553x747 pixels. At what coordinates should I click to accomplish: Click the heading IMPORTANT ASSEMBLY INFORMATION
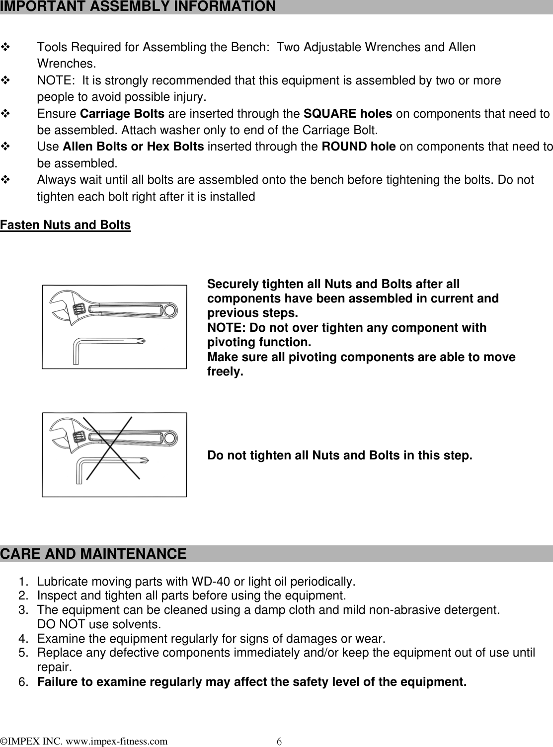coord(138,6)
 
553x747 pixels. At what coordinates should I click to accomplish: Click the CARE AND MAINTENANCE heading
coord(94,554)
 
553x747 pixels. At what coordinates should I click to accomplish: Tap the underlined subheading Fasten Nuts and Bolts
coord(66,225)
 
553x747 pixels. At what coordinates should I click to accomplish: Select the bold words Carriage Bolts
coord(122,114)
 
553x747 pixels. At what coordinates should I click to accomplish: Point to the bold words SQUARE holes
coord(347,114)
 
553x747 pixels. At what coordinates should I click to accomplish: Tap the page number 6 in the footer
coord(279,742)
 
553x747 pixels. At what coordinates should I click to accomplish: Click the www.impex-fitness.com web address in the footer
coord(113,742)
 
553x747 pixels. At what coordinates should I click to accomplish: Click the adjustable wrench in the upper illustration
coord(114,311)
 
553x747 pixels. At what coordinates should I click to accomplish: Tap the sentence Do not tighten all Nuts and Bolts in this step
coord(339,455)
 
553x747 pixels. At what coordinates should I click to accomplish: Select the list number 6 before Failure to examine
coord(23,682)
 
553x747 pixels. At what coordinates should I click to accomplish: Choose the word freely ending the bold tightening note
coord(225,372)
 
